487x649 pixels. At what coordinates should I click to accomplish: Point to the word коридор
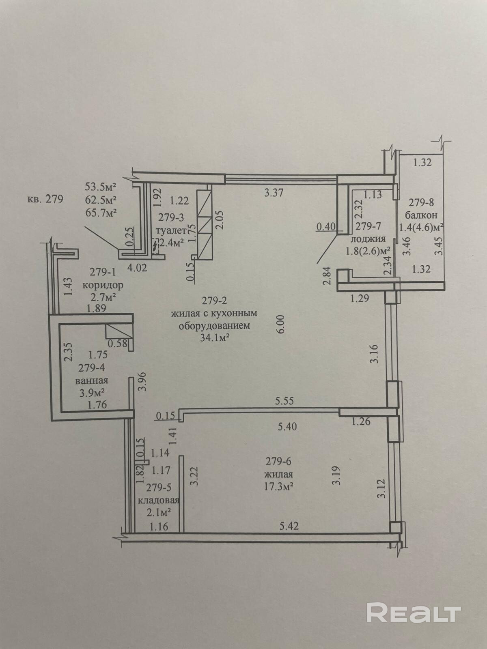[103, 285]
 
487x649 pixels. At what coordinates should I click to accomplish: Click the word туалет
[170, 231]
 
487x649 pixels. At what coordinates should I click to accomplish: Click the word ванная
[92, 381]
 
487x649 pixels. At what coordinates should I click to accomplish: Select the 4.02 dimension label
[137, 268]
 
